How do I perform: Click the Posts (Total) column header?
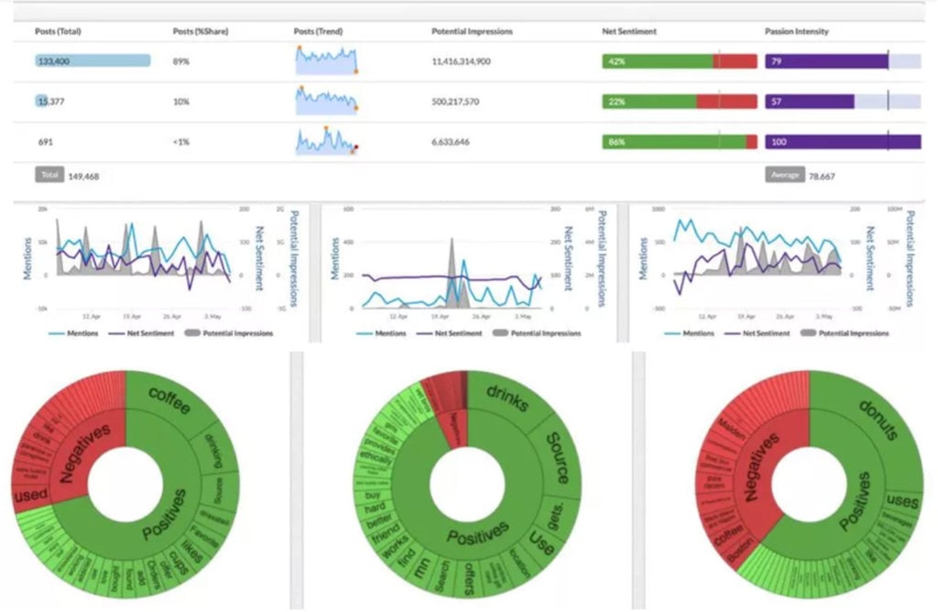pos(58,31)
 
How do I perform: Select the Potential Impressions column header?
pos(472,31)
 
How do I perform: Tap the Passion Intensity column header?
pos(796,31)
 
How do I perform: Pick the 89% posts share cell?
pos(181,61)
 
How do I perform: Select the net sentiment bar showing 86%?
pos(679,142)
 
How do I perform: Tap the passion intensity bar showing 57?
pos(809,102)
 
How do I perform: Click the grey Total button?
pos(49,174)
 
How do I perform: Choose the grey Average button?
pos(784,174)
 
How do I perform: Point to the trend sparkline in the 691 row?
pos(325,142)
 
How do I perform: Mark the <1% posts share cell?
pos(180,142)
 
